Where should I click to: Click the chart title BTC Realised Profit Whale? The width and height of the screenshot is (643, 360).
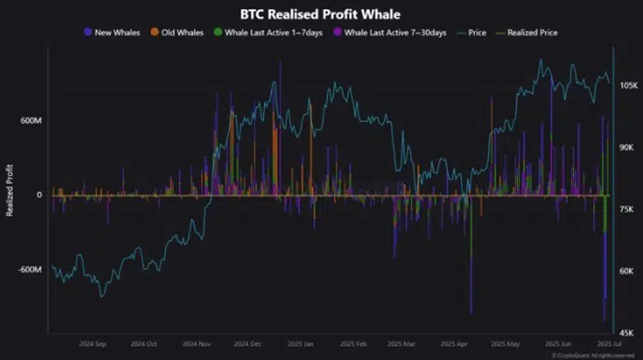coord(321,15)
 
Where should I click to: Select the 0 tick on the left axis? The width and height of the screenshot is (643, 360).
coord(39,195)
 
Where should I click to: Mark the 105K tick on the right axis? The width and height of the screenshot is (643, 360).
coord(628,86)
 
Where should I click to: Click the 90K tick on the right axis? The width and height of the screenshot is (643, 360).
coord(627,147)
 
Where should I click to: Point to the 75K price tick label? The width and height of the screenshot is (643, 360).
coord(627,209)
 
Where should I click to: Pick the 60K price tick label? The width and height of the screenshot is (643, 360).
coord(627,271)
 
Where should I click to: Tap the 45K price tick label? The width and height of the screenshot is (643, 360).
coord(627,333)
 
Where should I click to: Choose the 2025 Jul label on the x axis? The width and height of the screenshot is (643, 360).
coord(605,344)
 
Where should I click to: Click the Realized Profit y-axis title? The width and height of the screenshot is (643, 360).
coord(10,189)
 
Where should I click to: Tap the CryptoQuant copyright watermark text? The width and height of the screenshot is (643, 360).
coord(592,355)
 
